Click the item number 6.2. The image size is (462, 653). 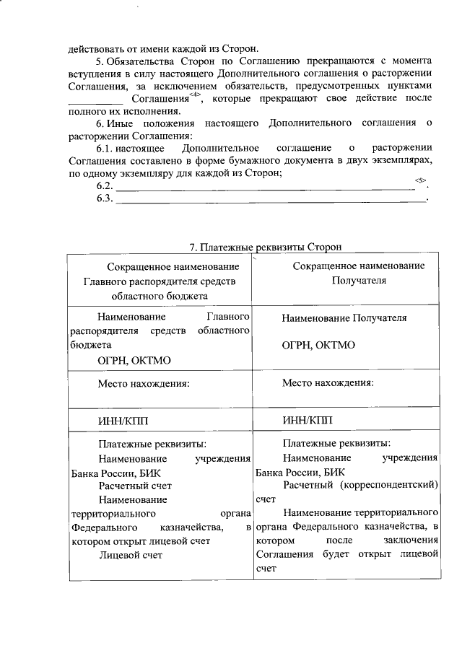point(105,186)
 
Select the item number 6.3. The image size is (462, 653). point(105,199)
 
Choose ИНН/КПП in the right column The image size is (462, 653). point(308,420)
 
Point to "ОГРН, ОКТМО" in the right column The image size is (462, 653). point(318,345)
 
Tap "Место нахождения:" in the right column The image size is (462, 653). point(328,383)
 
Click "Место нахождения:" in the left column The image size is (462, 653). point(144,383)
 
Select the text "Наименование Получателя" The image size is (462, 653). point(344,317)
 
